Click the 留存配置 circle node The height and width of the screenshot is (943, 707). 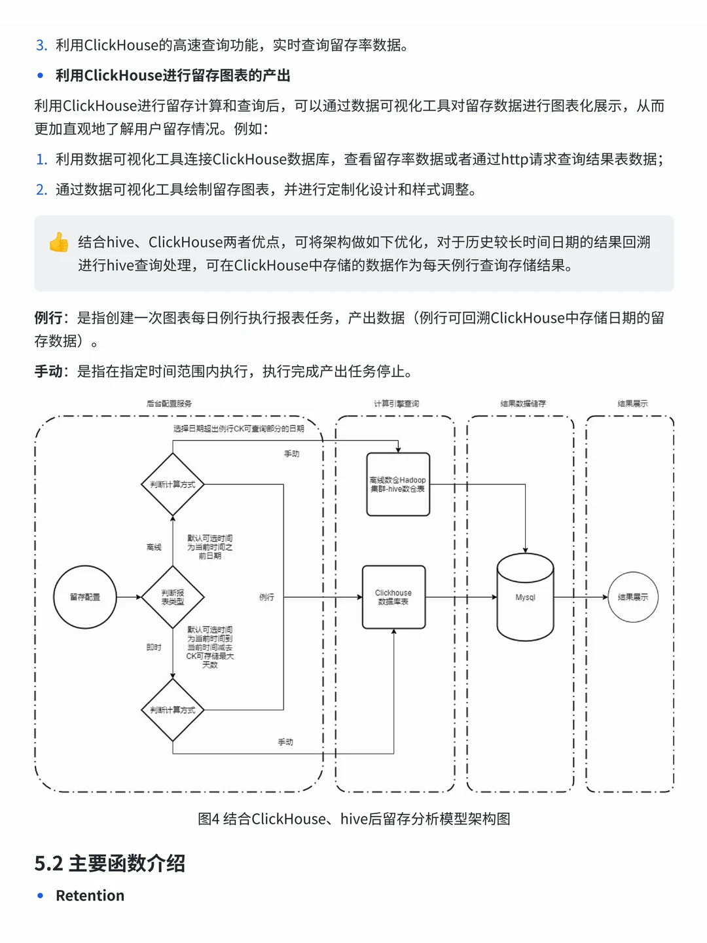(85, 597)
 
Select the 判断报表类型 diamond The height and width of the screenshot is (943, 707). (173, 597)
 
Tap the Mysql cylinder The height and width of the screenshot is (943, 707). (525, 597)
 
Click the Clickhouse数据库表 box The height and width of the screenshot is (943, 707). (393, 597)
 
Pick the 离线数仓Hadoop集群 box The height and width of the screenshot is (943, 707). (398, 485)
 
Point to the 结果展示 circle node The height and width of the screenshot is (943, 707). (632, 597)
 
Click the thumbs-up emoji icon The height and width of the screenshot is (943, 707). (59, 242)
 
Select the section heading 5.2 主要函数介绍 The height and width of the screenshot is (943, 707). (110, 863)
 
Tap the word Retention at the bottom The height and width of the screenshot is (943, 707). (90, 896)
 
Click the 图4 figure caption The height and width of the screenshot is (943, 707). (353, 819)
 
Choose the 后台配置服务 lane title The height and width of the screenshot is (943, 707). (169, 404)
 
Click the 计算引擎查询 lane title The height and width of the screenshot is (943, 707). (396, 404)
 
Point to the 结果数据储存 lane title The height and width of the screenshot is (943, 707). (522, 404)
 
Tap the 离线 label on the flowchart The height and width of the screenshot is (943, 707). (154, 547)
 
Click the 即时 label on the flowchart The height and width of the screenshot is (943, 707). (154, 648)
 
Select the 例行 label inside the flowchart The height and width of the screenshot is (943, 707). (266, 597)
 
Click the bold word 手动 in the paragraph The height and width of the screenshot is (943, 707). (48, 372)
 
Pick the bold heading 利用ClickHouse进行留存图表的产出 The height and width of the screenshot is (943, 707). (173, 76)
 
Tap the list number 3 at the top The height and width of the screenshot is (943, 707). (41, 45)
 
